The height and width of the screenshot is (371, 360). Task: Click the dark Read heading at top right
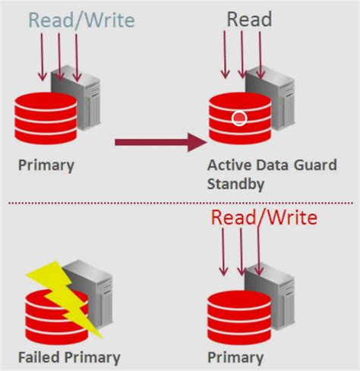tap(250, 17)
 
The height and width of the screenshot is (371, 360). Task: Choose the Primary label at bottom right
tap(235, 357)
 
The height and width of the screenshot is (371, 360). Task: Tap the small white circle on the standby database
tap(239, 118)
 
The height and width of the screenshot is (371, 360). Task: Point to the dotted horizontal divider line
tap(180, 203)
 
